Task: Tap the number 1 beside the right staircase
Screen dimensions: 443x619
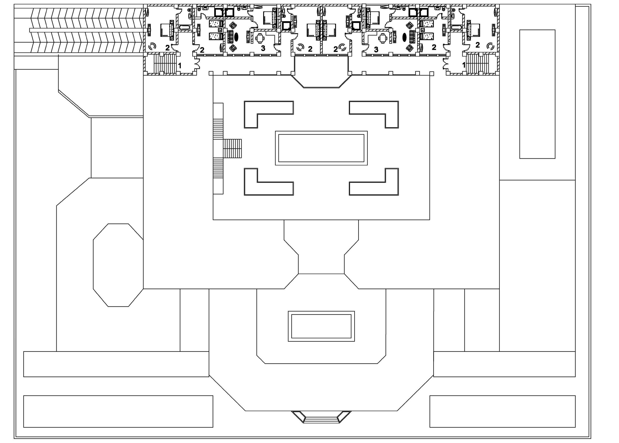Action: (x=464, y=65)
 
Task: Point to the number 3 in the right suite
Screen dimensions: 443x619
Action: (x=376, y=50)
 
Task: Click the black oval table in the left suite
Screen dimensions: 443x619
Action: (x=236, y=37)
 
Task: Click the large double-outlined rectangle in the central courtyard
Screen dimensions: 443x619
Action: (x=321, y=148)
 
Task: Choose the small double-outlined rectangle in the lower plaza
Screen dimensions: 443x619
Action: (x=321, y=326)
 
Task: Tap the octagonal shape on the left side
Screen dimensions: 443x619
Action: (x=118, y=265)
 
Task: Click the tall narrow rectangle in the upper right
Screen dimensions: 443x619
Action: (x=537, y=94)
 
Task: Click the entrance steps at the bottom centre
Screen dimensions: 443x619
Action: (x=321, y=420)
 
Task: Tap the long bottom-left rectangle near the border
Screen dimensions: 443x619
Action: (x=118, y=411)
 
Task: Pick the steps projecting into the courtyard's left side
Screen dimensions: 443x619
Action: (x=232, y=148)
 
